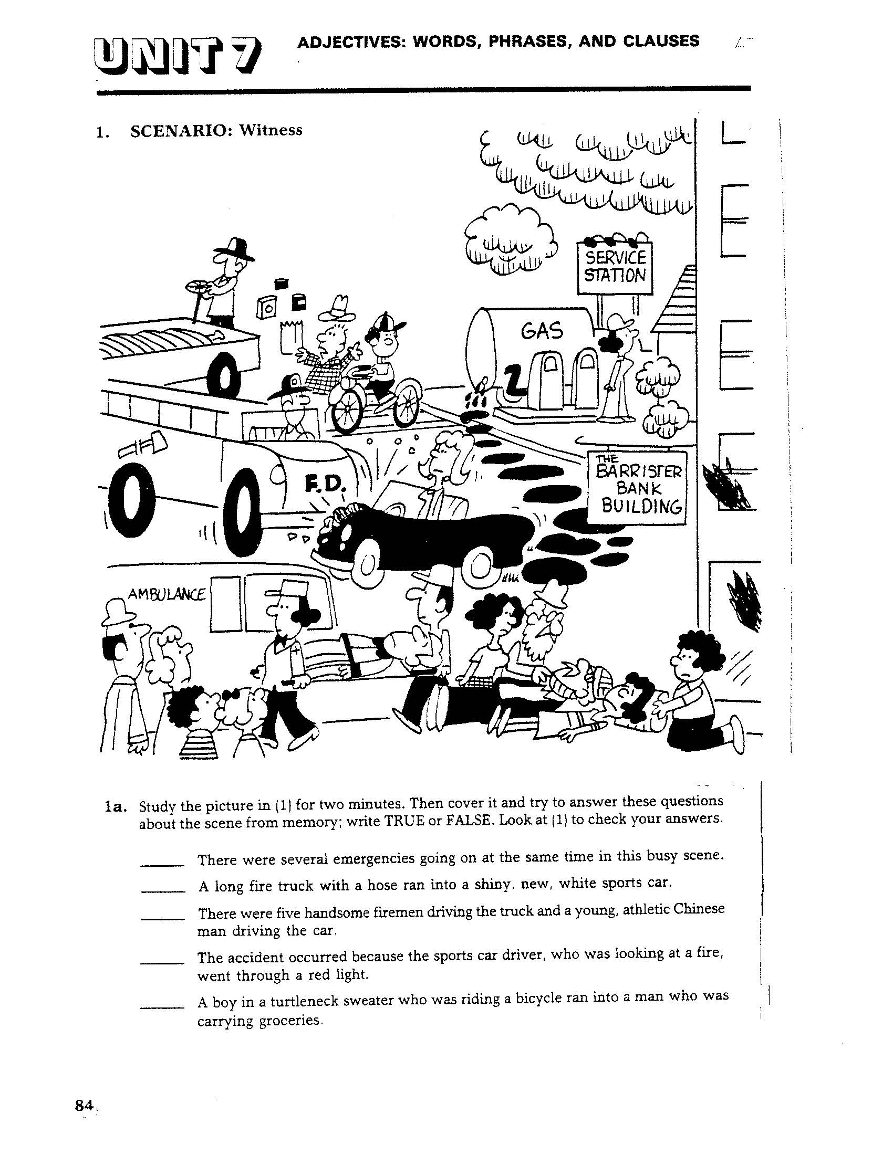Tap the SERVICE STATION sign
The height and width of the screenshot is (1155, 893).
615,267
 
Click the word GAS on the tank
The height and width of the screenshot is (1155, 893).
542,332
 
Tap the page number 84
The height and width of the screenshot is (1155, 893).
85,1105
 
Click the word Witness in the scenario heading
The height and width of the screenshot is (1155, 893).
271,130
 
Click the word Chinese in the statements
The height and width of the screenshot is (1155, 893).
698,910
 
